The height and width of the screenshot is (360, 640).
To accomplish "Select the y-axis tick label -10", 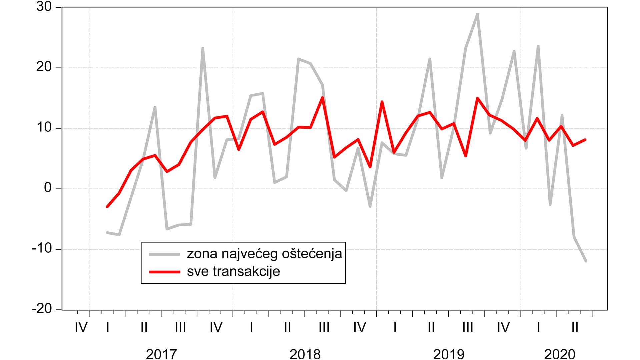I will coord(42,249).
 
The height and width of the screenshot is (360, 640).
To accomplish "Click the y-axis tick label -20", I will coord(42,309).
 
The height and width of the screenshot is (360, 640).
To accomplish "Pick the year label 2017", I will coord(161,354).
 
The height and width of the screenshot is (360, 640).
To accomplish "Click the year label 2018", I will coord(305,354).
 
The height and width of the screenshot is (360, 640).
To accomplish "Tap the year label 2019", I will coord(449,354).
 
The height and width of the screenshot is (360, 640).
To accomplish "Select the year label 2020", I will coord(560,354).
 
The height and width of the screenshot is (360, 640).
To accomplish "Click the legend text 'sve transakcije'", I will coord(233,271).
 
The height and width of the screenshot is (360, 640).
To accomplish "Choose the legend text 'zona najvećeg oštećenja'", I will coord(264,254).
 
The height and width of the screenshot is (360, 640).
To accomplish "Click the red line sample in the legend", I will coord(165,272).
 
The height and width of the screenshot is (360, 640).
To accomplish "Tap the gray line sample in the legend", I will coord(165,254).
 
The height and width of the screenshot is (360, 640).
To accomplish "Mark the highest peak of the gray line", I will coord(478,14).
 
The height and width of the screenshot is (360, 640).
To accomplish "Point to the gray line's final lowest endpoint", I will coord(586,261).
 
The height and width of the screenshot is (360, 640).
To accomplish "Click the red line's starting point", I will coord(107,207).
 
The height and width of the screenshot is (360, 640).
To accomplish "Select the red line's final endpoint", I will coord(585,140).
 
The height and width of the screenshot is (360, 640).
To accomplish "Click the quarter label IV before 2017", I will coord(81,327).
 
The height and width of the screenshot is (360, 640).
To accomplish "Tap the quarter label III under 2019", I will coord(467,327).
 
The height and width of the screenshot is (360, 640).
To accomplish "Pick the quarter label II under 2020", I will coord(575,327).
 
